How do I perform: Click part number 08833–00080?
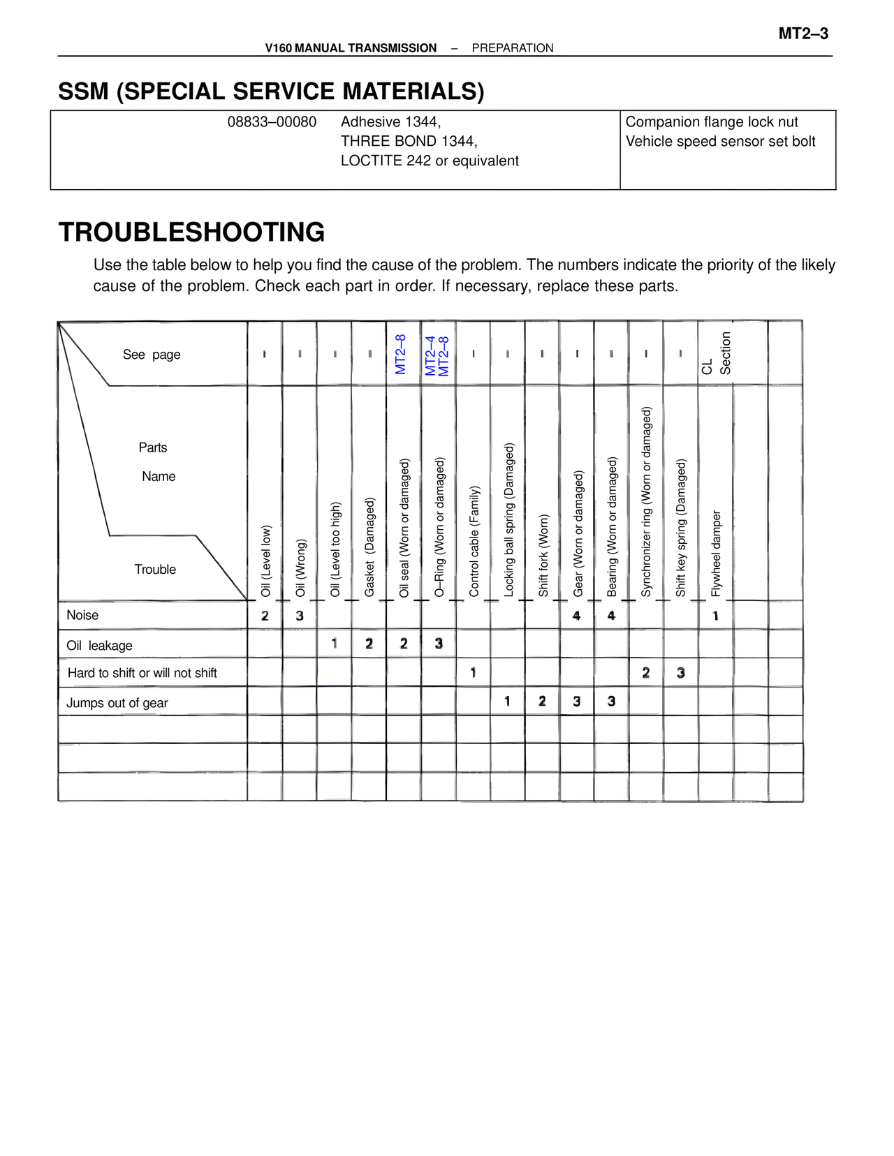click(272, 122)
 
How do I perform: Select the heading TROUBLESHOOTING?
click(191, 232)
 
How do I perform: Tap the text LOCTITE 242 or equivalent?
click(430, 161)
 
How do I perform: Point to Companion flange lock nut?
click(711, 122)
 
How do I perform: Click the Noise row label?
click(82, 615)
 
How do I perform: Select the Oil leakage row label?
click(99, 646)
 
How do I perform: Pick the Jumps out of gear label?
click(117, 703)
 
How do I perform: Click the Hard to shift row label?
click(142, 673)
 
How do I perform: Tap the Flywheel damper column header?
click(716, 554)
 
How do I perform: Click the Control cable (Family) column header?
click(474, 541)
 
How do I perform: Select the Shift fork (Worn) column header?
click(543, 555)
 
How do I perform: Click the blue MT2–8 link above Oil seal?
click(401, 354)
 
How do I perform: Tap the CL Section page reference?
click(716, 354)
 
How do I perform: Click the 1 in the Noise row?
click(715, 616)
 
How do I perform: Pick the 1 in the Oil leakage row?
click(335, 644)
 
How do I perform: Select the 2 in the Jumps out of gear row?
click(542, 701)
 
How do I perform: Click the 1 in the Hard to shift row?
click(474, 673)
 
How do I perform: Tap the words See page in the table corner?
click(152, 355)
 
